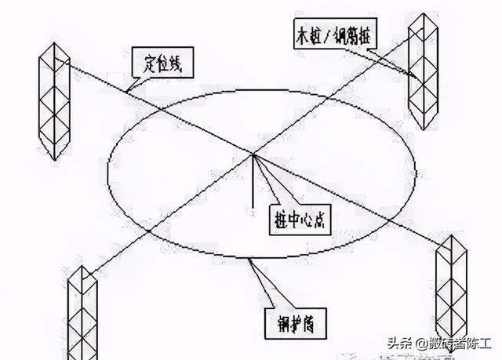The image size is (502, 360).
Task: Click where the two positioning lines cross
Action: pos(253,154)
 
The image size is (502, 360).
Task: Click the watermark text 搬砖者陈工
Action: pos(463,344)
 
